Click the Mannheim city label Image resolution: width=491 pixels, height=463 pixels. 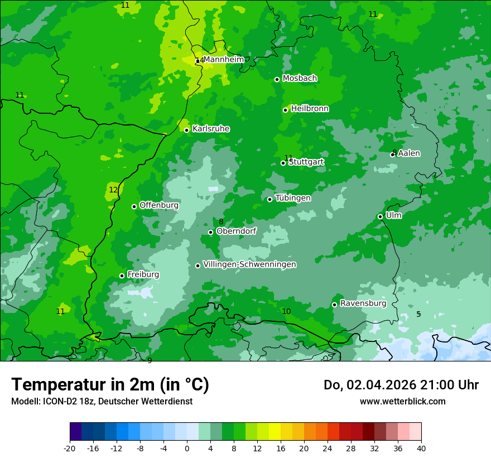click(224, 60)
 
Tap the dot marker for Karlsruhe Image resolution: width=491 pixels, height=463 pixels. click(187, 130)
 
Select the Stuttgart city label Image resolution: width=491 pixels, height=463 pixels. click(306, 162)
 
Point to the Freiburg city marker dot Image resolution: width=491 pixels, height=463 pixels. click(122, 276)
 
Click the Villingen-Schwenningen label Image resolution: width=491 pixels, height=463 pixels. click(249, 264)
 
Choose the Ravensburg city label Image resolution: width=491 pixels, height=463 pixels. click(363, 303)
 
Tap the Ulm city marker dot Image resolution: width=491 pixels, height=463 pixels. click(381, 216)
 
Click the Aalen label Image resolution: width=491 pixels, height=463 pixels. click(409, 153)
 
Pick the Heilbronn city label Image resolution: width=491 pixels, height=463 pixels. click(310, 109)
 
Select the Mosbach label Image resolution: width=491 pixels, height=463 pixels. click(300, 79)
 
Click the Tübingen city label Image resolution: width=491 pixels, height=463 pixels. click(293, 198)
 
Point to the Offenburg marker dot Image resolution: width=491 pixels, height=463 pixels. click(134, 206)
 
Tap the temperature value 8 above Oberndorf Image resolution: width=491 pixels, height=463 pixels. click(221, 222)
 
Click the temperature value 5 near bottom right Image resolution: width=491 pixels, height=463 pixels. click(418, 314)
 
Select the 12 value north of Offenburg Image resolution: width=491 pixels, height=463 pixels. click(113, 190)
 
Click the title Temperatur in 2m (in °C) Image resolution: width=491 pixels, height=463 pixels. click(110, 385)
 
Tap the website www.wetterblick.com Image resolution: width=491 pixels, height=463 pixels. click(402, 401)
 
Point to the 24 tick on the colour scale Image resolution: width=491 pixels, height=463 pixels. click(328, 448)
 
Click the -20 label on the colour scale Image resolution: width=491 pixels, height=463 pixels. click(70, 448)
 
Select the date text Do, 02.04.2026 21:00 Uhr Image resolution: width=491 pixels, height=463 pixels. click(401, 385)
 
